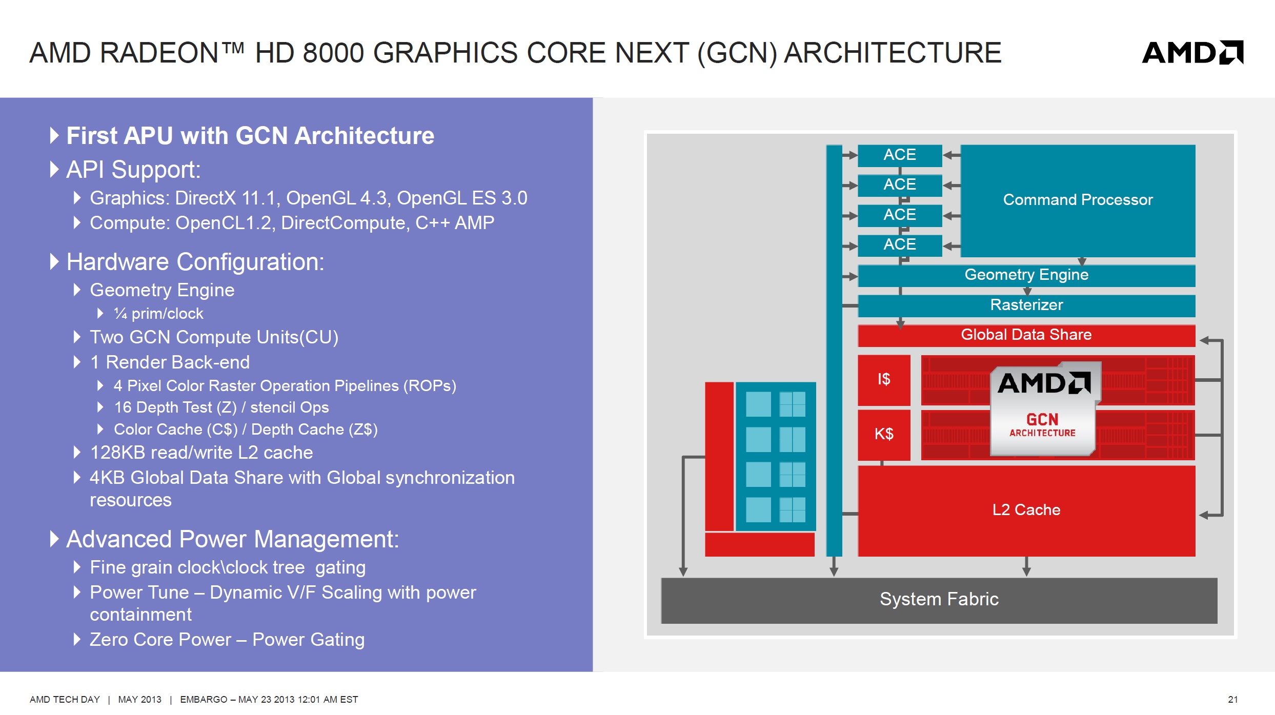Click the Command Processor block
tap(1078, 200)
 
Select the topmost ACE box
tap(900, 155)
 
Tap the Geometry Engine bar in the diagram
tap(1026, 275)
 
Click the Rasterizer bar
tap(1026, 305)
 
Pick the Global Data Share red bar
tap(1026, 335)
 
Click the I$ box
tap(884, 380)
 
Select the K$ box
tap(884, 435)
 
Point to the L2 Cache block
tap(1026, 510)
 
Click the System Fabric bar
tap(939, 600)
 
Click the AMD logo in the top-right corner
tap(1192, 52)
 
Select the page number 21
tap(1233, 700)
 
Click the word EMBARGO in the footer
tap(204, 700)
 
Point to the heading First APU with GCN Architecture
tap(250, 136)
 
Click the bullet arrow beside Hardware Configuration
tap(54, 261)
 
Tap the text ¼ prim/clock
tap(158, 314)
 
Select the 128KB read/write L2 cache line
tap(201, 453)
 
